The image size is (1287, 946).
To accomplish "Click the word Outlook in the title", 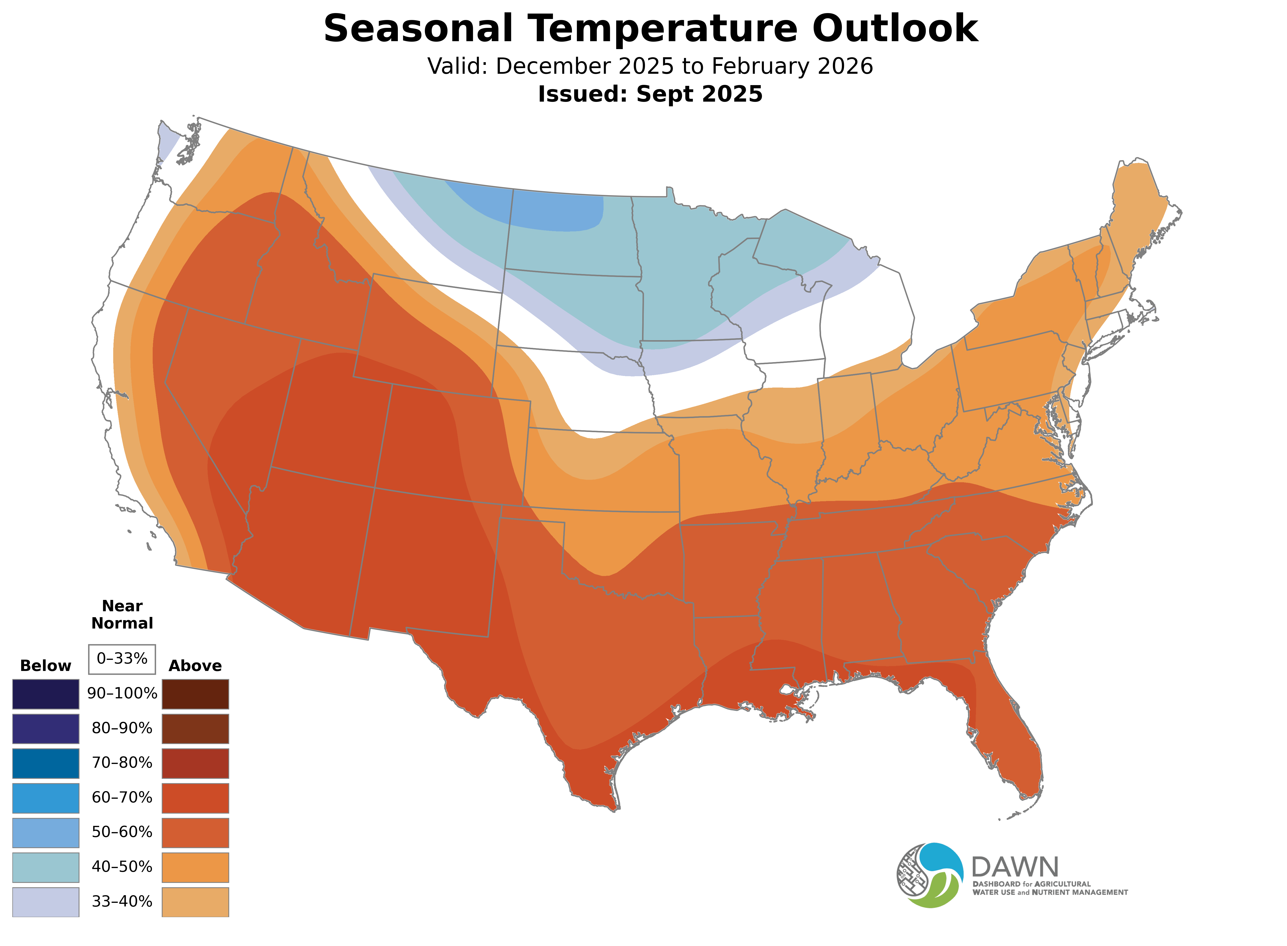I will pos(895,29).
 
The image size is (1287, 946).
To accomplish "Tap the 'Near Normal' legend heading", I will pos(122,614).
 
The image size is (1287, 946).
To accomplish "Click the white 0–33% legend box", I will pos(122,659).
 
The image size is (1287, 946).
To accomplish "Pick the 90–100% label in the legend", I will pos(122,693).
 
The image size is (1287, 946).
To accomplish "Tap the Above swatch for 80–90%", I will pos(195,728).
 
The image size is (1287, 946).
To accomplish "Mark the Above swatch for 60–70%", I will pos(195,798).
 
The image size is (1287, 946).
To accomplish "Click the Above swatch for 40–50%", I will pos(195,867).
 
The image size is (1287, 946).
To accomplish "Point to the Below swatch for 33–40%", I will pos(46,901).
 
